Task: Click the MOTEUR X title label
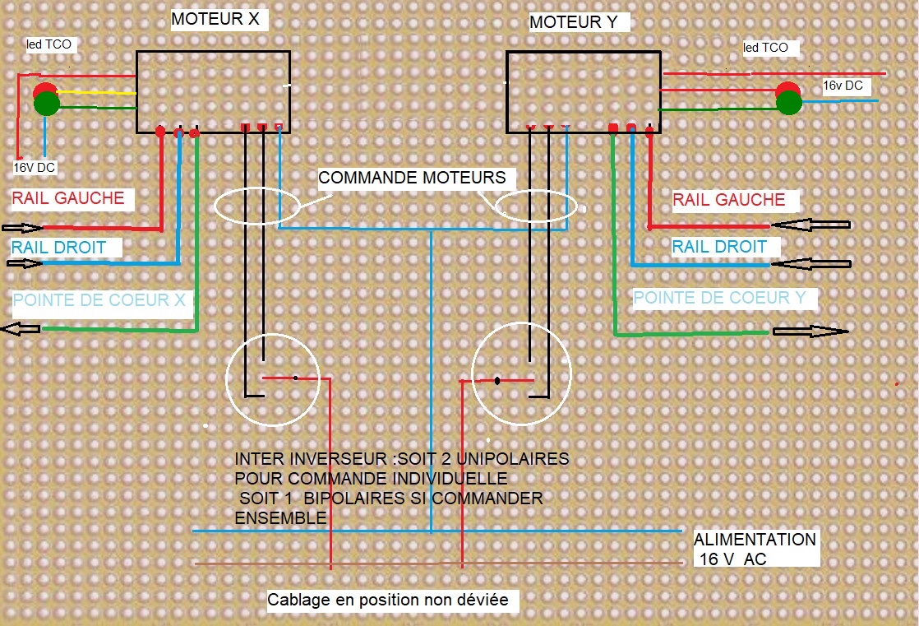click(x=215, y=19)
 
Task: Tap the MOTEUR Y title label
click(x=573, y=22)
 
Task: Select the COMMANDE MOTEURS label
click(x=412, y=178)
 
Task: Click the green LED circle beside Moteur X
click(x=47, y=104)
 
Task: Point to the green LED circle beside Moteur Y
click(x=789, y=103)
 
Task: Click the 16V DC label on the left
click(x=34, y=168)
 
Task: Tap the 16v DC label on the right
click(x=843, y=86)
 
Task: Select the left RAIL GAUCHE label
click(x=68, y=198)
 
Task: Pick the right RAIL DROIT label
click(x=719, y=247)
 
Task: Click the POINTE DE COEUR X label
click(x=99, y=300)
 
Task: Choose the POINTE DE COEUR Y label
click(x=719, y=298)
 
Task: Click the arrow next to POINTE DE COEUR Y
click(x=810, y=332)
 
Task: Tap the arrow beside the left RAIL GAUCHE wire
click(x=22, y=228)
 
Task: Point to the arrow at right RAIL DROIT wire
click(x=811, y=264)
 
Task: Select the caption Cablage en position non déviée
click(x=388, y=600)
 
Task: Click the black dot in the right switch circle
click(x=497, y=381)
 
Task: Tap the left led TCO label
click(x=48, y=44)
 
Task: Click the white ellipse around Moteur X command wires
click(x=256, y=188)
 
